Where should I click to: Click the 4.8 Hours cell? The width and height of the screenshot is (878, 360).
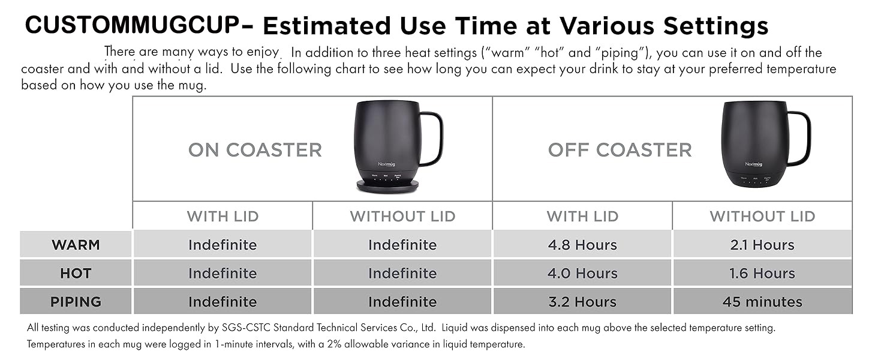pos(582,245)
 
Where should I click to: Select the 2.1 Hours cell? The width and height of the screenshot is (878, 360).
pos(762,245)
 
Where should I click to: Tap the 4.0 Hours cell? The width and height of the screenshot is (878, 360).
pos(582,273)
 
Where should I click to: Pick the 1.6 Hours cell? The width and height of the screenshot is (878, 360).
pos(762,273)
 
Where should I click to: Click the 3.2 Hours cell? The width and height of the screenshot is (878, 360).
pos(582,302)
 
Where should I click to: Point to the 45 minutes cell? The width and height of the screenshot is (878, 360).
pos(762,302)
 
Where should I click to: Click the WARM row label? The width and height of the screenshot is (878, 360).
pos(76,245)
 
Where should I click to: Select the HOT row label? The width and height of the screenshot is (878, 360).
pos(76,273)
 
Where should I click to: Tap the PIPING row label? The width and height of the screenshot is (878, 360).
pos(76,302)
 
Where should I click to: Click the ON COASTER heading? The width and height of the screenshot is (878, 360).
pos(255,150)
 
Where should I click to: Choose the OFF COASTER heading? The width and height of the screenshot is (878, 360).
pos(620,150)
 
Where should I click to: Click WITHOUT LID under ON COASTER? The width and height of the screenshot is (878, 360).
pos(402,216)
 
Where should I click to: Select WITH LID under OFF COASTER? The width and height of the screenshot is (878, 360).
pos(582,216)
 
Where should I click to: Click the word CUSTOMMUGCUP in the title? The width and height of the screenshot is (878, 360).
pos(133,25)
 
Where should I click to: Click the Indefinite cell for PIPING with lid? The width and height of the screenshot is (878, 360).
pos(222,302)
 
